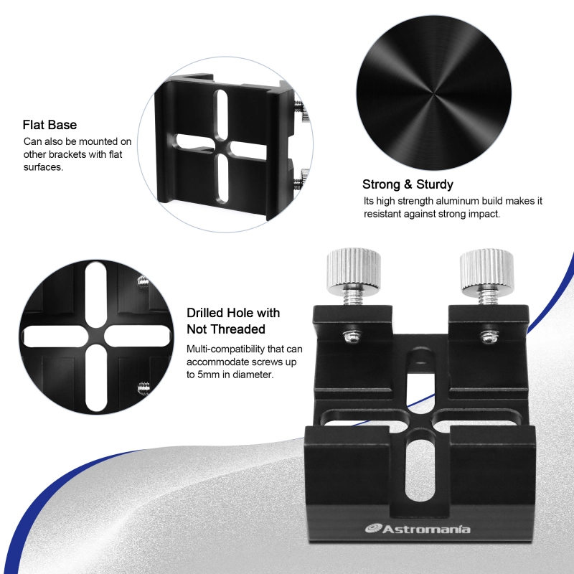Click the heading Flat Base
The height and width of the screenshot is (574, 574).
pos(50,125)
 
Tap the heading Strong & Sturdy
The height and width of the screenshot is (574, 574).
pos(408,184)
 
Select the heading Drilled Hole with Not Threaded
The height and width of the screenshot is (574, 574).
pos(232,321)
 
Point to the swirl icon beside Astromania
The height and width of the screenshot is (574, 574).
pos(374,529)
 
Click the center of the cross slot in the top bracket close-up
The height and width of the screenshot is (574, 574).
pos(223,146)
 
